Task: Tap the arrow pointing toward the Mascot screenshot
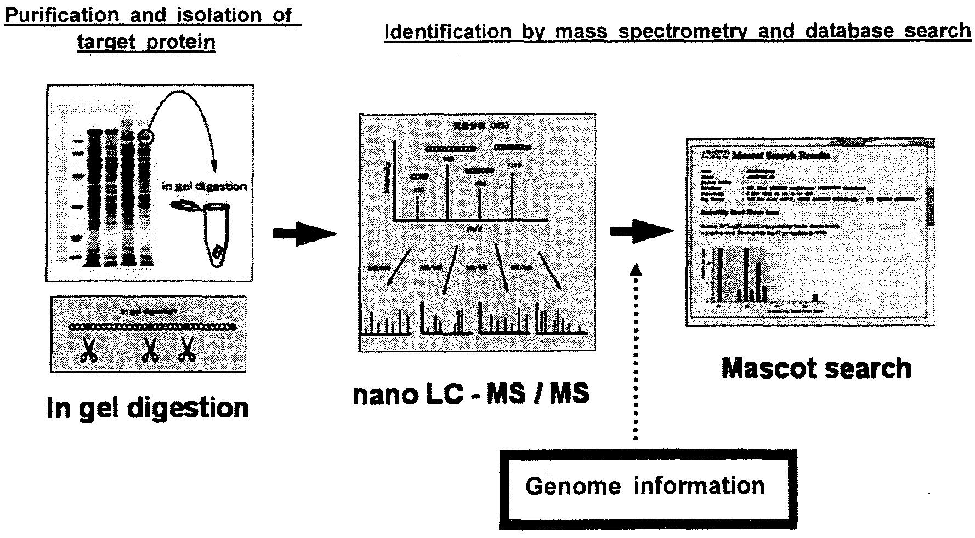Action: tap(642, 231)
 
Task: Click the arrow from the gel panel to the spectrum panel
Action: tap(304, 234)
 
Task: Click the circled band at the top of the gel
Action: tap(146, 136)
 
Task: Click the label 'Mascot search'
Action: tap(816, 368)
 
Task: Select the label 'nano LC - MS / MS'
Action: tap(471, 394)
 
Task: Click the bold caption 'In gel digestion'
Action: tap(148, 408)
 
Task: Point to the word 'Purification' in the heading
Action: tap(61, 15)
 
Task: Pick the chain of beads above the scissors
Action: tap(152, 327)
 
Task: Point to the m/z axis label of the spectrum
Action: tap(472, 229)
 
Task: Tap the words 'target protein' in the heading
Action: tap(146, 42)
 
